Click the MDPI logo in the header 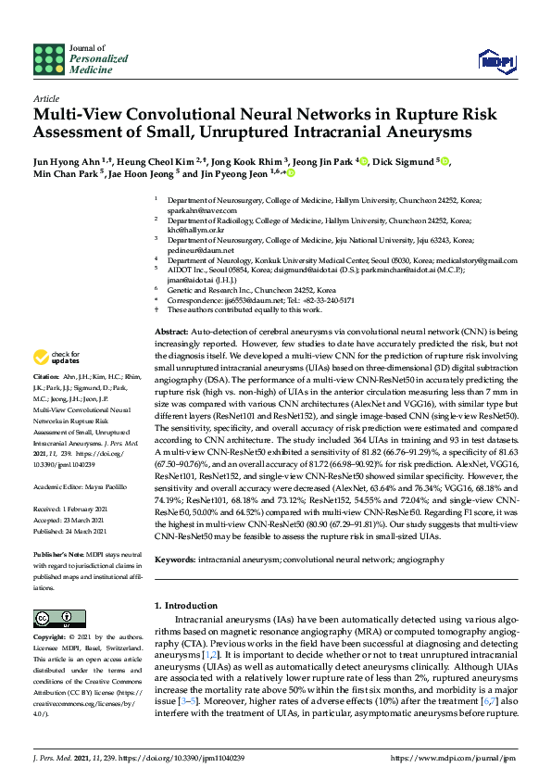pyautogui.click(x=495, y=61)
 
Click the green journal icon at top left pyautogui.click(x=49, y=59)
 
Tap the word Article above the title pyautogui.click(x=45, y=97)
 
